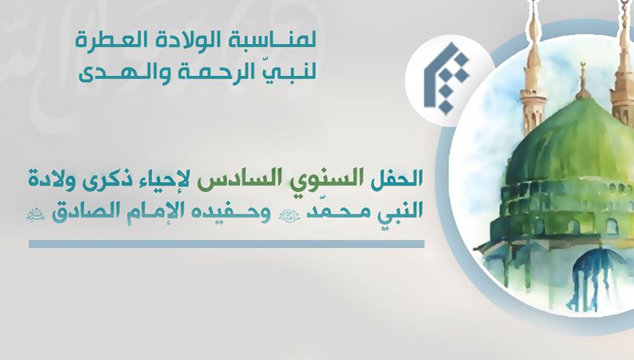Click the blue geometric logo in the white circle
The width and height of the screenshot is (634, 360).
[x=445, y=78]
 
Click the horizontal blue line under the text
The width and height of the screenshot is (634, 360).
[x=226, y=243]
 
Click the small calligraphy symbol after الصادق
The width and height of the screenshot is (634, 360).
[x=37, y=214]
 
